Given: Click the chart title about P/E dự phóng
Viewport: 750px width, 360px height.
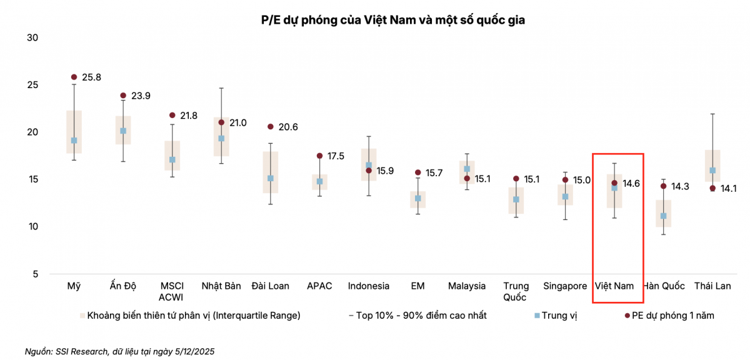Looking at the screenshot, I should (x=392, y=20).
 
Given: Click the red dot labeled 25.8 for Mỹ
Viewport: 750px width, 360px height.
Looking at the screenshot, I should (x=74, y=77).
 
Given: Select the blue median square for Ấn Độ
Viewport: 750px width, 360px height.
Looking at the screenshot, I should (x=123, y=131).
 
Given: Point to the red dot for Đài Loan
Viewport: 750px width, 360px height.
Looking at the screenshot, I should (x=270, y=126).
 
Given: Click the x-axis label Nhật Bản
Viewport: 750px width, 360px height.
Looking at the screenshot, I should (x=221, y=286).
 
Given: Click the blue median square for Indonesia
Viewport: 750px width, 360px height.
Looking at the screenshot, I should (x=369, y=166).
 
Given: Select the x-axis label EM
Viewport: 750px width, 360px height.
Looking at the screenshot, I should (x=417, y=286).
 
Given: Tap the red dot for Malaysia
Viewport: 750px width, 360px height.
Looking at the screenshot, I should (x=467, y=178).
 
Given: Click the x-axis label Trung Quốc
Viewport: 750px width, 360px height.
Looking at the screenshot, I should (x=516, y=291).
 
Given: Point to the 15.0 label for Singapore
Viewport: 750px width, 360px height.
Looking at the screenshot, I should (x=582, y=180).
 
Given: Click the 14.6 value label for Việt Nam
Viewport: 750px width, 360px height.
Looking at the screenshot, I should (x=631, y=184).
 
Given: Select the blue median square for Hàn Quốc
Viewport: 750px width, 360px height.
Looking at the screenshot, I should (x=663, y=216).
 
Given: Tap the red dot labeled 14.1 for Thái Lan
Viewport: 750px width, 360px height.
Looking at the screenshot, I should (x=712, y=188).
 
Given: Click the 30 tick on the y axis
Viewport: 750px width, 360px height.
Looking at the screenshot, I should (x=32, y=37).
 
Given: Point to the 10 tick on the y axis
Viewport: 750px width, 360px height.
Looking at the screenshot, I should (x=32, y=226).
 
